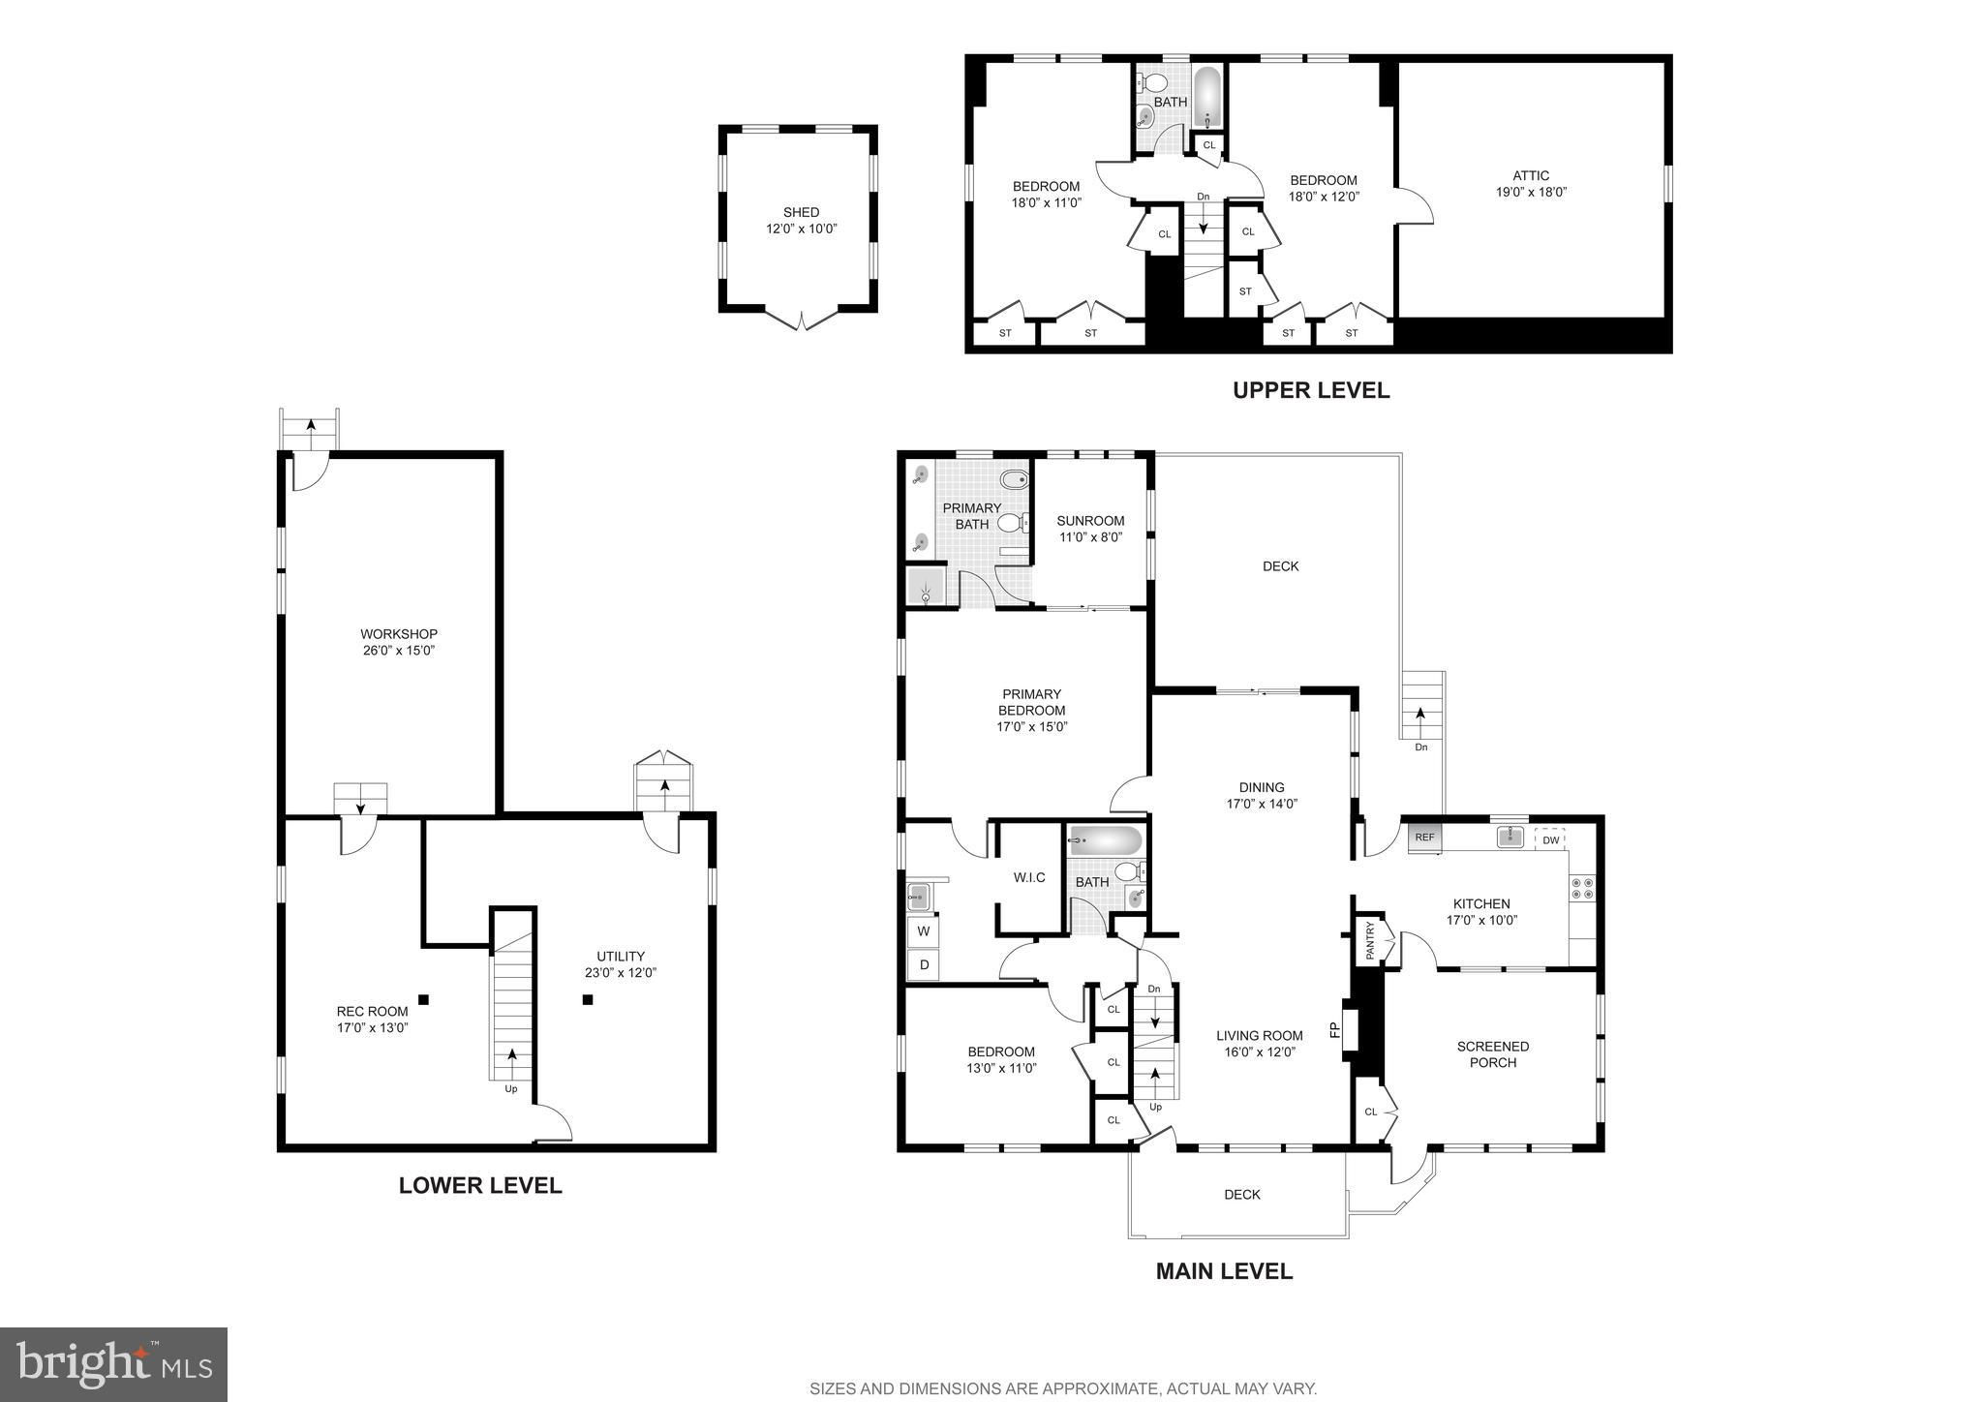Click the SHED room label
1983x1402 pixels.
pos(801,212)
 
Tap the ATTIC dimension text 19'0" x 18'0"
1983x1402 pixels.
pos(1531,192)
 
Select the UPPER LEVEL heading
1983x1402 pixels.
pos(1311,390)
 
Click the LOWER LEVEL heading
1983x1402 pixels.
pos(480,1185)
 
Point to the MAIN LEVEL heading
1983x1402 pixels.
pos(1224,1271)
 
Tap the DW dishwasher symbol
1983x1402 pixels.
pos(1550,839)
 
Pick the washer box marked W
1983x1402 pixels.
pos(924,931)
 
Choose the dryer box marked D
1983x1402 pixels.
pos(924,964)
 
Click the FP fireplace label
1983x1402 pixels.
pos(1334,1029)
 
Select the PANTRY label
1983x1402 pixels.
pos(1370,940)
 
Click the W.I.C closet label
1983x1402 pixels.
pos(1029,877)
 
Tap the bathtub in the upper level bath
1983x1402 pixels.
pos(1207,98)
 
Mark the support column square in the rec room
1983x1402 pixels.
pos(423,999)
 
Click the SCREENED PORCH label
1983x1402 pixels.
pos(1493,1054)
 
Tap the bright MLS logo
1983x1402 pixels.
pos(114,1365)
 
